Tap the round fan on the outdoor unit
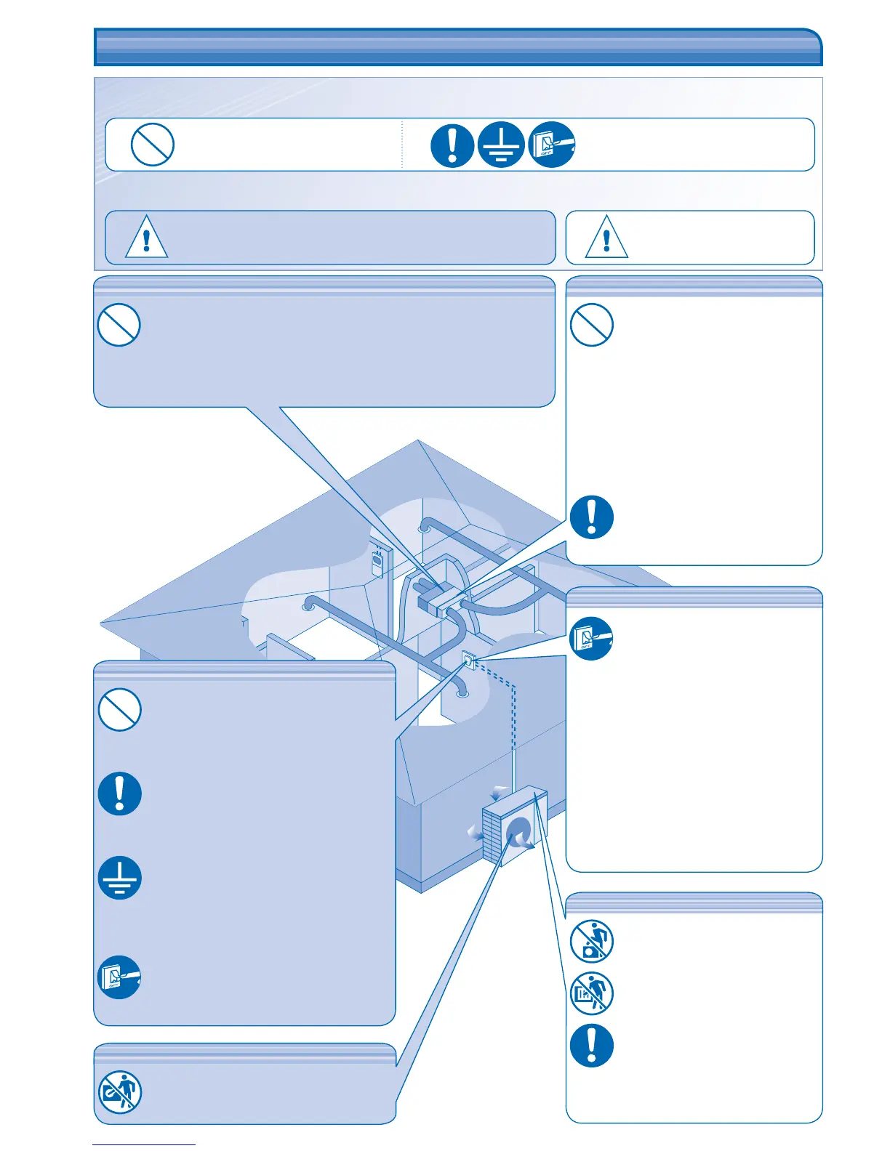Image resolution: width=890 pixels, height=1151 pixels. click(x=519, y=833)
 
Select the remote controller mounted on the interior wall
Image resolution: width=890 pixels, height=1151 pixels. click(x=377, y=563)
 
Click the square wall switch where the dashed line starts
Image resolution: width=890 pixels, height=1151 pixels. click(x=469, y=661)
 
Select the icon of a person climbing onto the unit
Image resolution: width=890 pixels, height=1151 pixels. click(x=591, y=941)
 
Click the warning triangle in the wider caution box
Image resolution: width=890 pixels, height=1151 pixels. click(x=146, y=237)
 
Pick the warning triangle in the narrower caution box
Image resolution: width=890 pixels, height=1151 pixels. click(x=606, y=237)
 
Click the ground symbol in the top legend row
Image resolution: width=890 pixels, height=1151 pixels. click(x=501, y=145)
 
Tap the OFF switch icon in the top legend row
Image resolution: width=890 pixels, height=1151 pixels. click(x=552, y=145)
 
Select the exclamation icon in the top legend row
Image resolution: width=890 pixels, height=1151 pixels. click(x=452, y=145)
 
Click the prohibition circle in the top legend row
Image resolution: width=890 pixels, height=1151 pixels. click(x=152, y=145)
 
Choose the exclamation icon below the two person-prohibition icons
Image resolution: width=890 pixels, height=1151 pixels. click(x=591, y=1046)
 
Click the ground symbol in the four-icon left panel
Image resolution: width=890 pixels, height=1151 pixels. click(x=119, y=877)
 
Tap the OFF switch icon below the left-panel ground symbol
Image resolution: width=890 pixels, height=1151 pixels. click(x=119, y=977)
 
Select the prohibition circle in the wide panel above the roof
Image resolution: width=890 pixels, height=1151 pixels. click(x=119, y=325)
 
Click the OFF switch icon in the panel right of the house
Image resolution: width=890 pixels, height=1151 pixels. click(x=591, y=638)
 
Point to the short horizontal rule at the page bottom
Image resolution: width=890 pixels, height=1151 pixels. click(x=144, y=1144)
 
